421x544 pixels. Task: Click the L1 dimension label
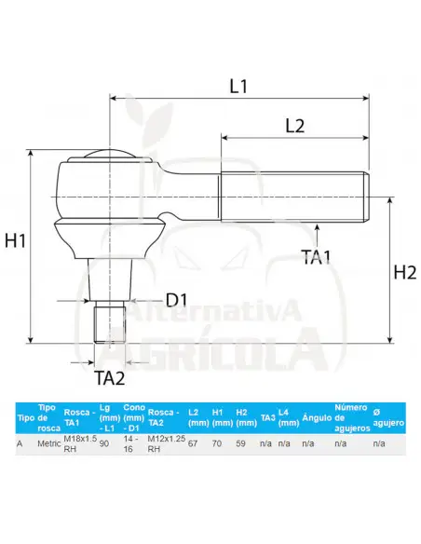238,86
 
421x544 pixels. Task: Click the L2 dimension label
294,126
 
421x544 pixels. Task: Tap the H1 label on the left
15,240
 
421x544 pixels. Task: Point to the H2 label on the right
405,272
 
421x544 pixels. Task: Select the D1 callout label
177,300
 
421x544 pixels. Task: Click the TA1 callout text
317,257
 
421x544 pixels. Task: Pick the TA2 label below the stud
110,378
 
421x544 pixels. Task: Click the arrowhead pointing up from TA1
318,227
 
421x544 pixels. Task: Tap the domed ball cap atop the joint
109,154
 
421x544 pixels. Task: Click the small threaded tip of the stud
110,322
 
